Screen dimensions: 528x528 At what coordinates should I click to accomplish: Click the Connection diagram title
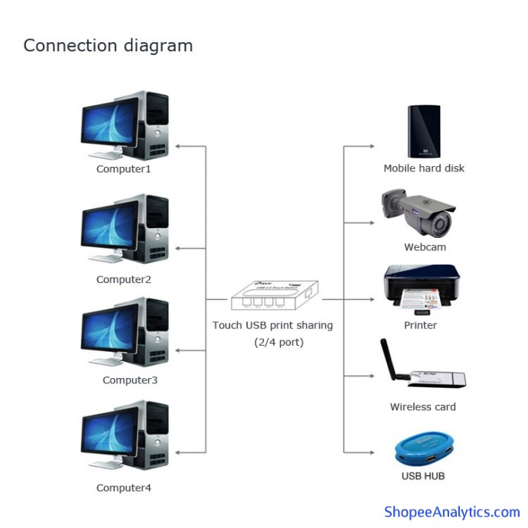click(108, 45)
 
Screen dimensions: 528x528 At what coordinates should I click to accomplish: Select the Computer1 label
click(123, 168)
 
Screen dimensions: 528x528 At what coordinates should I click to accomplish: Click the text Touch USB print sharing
click(272, 325)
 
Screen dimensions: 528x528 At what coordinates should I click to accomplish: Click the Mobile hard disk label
click(424, 168)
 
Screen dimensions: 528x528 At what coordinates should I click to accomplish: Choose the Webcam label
click(425, 247)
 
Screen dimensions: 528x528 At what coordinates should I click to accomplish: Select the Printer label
click(420, 325)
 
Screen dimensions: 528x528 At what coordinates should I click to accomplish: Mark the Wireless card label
click(422, 407)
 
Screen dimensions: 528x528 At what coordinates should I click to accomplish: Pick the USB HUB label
click(423, 476)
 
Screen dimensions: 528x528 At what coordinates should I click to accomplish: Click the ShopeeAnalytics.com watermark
click(451, 512)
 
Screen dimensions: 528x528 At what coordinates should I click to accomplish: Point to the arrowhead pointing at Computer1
click(178, 145)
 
